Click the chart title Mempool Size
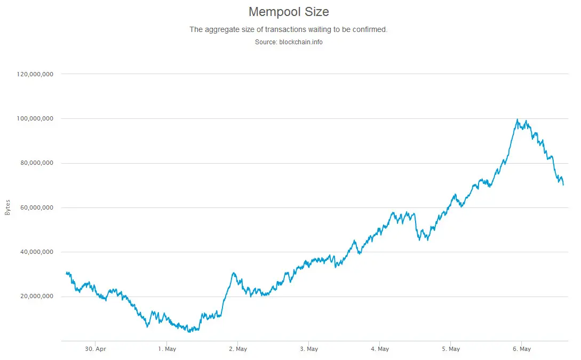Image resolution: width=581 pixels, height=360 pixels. click(289, 11)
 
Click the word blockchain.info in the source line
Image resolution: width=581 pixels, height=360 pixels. click(301, 42)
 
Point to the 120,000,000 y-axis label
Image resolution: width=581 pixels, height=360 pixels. click(35, 75)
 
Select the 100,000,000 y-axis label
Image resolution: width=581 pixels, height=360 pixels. click(35, 119)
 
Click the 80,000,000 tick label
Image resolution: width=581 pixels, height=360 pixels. click(36, 163)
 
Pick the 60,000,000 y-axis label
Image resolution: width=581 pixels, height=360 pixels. click(36, 207)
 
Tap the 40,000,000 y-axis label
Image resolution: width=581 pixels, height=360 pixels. click(36, 252)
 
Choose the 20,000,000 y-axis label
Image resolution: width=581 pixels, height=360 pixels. click(36, 297)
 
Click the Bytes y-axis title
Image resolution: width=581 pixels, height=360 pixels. click(7, 207)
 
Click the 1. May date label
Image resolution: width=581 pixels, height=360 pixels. click(166, 349)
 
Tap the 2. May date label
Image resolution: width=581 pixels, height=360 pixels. click(237, 349)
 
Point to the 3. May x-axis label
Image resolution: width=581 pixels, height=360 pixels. click(308, 349)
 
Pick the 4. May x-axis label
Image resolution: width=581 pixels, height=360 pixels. click(379, 349)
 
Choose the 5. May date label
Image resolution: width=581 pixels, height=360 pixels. click(451, 349)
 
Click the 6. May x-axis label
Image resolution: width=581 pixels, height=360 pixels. click(522, 349)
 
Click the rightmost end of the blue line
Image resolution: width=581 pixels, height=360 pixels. click(563, 185)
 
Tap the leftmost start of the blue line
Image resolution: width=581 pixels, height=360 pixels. click(66, 273)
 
